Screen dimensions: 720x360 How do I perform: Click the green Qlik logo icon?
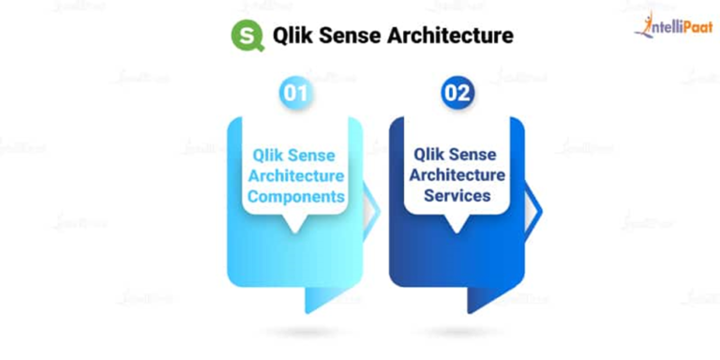point(247,37)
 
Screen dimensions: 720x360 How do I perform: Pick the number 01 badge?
point(295,94)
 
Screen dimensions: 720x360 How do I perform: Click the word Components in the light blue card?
point(295,197)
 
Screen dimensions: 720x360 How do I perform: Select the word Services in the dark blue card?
point(457,196)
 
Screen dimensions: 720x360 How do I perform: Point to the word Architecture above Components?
point(295,176)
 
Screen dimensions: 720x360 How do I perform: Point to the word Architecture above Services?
point(457,175)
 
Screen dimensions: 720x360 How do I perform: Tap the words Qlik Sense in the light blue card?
point(295,156)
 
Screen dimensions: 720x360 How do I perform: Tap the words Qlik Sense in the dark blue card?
point(457,156)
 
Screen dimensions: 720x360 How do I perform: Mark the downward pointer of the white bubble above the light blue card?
point(295,225)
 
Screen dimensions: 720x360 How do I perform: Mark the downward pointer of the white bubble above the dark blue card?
point(457,225)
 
